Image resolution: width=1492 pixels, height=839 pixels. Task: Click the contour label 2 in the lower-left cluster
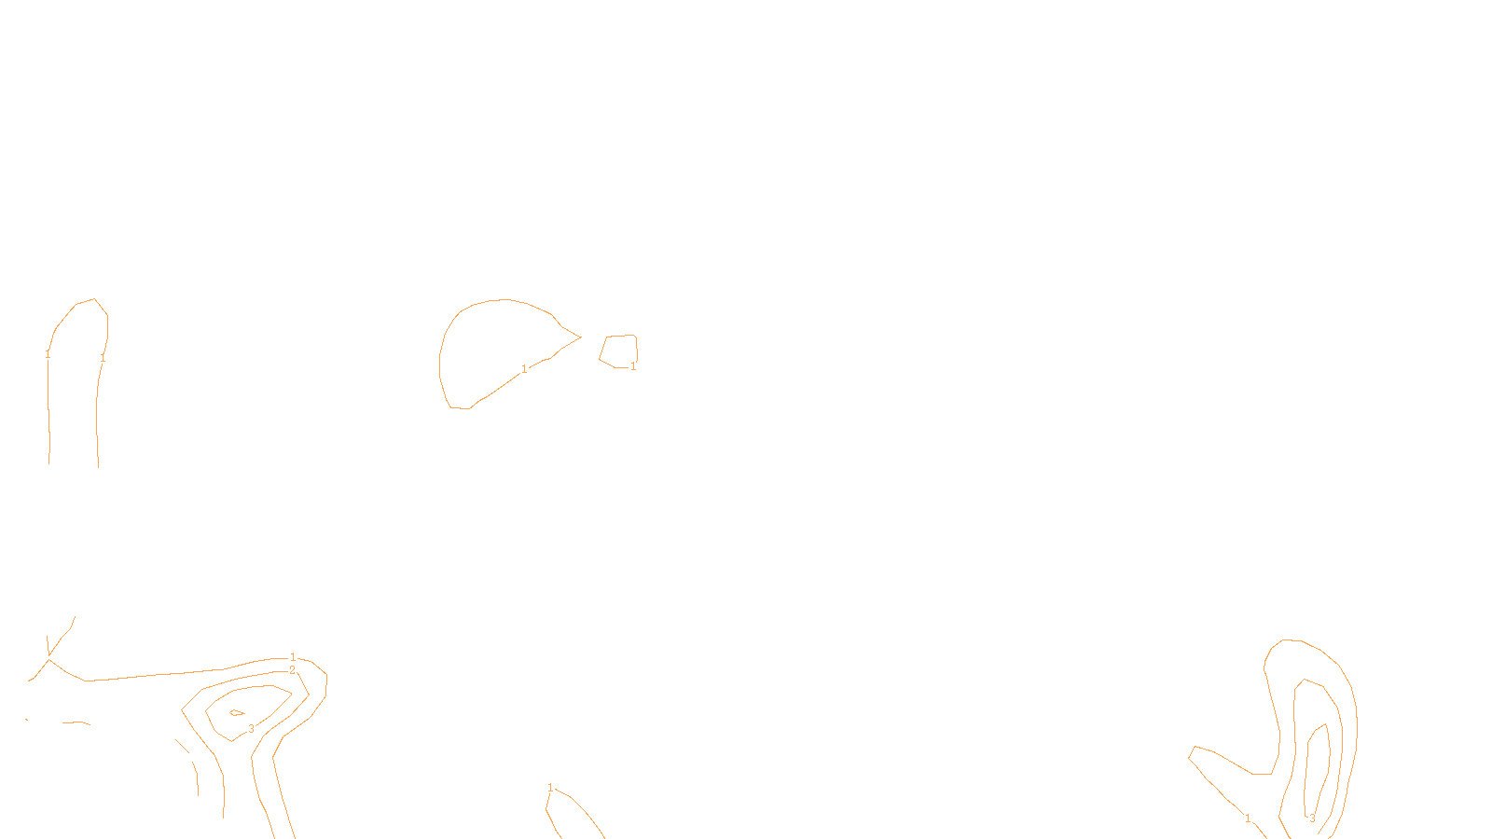292,670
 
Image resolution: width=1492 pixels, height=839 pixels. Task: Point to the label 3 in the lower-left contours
251,729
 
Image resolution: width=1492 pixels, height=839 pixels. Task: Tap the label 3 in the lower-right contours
1312,818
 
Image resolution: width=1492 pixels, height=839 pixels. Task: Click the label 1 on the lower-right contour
1248,818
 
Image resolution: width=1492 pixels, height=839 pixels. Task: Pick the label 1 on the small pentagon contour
633,366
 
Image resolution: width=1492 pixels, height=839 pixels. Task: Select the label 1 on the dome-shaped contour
524,369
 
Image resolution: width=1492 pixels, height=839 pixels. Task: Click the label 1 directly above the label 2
293,657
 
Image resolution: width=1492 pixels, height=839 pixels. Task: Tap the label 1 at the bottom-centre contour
550,788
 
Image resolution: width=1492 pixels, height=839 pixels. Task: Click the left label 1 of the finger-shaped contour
48,354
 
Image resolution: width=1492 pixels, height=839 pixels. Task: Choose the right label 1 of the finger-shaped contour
103,357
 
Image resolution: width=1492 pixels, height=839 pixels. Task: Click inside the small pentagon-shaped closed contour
618,351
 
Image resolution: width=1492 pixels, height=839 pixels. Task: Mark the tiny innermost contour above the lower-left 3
237,713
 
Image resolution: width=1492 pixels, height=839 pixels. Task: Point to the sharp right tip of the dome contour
580,337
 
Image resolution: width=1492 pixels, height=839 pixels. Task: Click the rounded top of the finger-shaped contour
86,301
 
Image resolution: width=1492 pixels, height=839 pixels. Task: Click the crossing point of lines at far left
48,659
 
